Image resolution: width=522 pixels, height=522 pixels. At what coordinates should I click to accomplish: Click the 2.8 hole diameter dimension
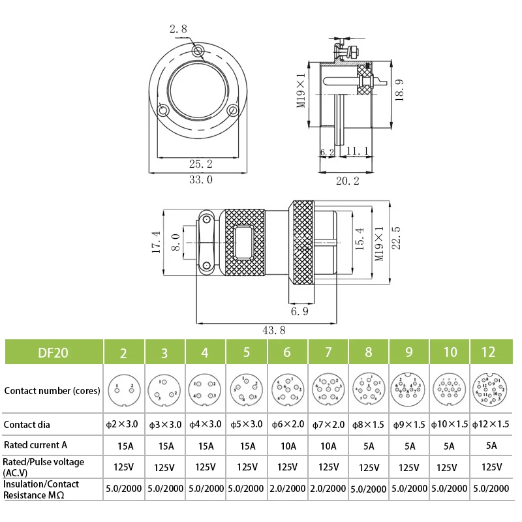178,29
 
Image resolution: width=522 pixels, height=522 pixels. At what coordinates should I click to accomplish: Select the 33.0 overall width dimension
200,179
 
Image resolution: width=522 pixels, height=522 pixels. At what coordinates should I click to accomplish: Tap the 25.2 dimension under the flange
200,164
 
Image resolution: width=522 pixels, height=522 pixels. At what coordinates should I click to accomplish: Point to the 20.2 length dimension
347,181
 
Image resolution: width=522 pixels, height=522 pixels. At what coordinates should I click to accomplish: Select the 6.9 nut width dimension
300,313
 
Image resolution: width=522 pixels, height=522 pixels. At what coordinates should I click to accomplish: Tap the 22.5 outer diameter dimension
395,239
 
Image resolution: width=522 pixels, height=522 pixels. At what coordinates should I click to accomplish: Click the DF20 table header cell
52,352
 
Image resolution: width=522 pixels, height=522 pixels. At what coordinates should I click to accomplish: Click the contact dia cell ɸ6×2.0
287,425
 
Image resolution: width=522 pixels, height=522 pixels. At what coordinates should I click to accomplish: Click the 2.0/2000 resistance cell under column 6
287,488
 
